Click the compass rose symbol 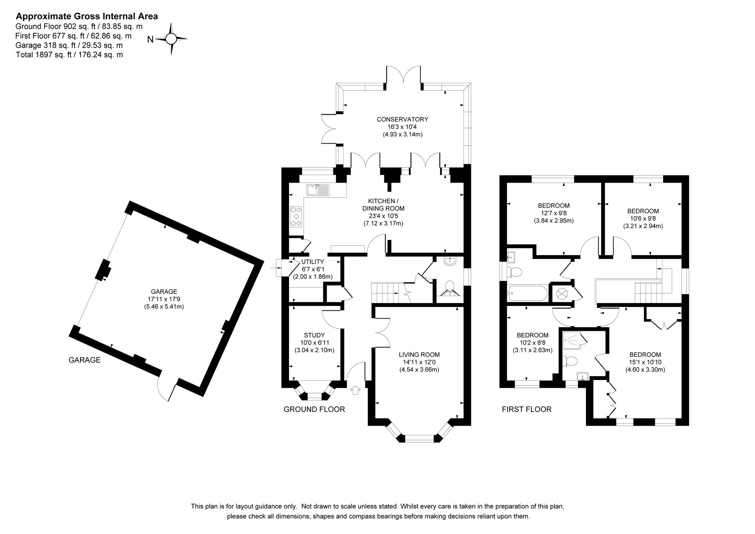(x=171, y=39)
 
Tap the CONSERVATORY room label (x=402, y=119)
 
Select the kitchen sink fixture (x=318, y=190)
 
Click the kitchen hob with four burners (x=296, y=216)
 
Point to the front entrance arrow (x=355, y=390)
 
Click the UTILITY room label (x=312, y=262)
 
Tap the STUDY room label (x=314, y=335)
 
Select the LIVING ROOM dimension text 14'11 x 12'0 (x=419, y=362)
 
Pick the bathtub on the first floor (x=526, y=292)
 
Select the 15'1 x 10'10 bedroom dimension (x=646, y=362)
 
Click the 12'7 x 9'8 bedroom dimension (x=554, y=213)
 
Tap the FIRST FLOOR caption (x=526, y=409)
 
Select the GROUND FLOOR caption (x=314, y=409)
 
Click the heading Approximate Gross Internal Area (x=87, y=16)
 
